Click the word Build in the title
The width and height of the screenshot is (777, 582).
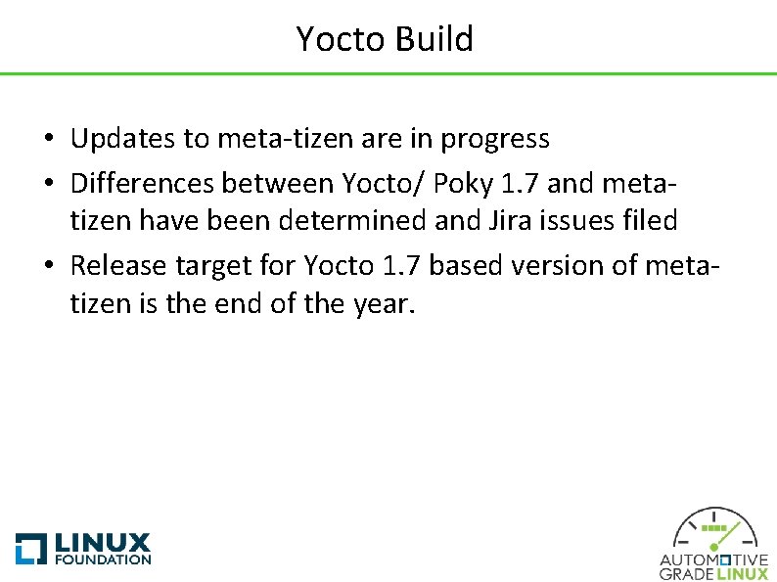(x=434, y=39)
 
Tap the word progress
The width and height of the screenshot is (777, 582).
(x=495, y=140)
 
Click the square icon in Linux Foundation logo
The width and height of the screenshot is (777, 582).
(x=30, y=549)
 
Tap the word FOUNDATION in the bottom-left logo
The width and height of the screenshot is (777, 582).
(x=103, y=560)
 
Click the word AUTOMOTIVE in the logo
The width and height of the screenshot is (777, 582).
(x=713, y=560)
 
